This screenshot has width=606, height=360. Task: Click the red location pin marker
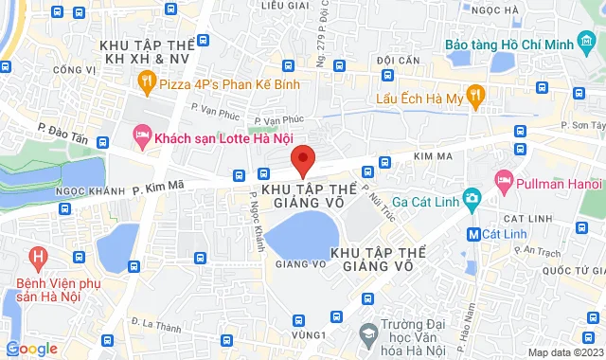(x=303, y=160)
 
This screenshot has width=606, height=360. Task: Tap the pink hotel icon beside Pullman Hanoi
(x=505, y=179)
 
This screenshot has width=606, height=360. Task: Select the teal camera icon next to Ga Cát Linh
(x=472, y=198)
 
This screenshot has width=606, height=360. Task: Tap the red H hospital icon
(x=38, y=257)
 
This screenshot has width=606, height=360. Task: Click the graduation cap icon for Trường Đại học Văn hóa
(x=365, y=333)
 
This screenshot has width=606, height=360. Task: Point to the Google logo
(x=30, y=349)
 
